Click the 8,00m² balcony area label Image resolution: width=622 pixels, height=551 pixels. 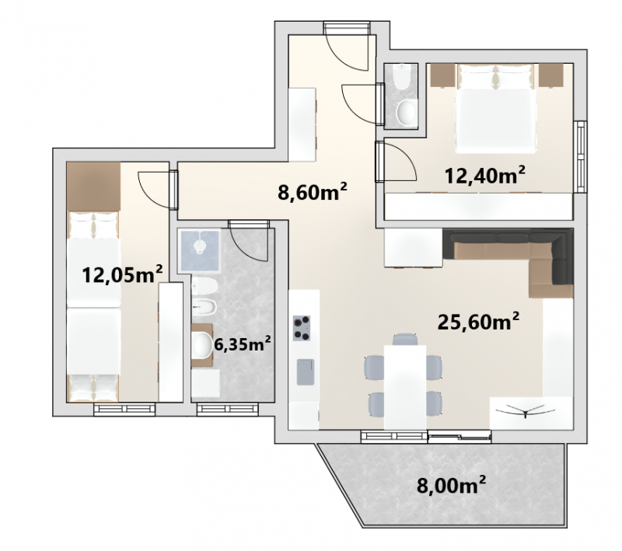click(451, 484)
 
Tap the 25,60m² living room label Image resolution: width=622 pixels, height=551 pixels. click(478, 321)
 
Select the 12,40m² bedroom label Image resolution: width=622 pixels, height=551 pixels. click(484, 175)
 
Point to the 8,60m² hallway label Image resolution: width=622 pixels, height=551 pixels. click(313, 192)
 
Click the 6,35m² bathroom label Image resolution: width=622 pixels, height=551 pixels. click(243, 344)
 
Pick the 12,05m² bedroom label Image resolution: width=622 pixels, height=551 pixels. click(122, 274)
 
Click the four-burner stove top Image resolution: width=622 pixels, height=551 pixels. click(302, 328)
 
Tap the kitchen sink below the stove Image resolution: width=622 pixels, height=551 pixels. click(306, 371)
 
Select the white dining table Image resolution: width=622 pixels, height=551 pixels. click(405, 387)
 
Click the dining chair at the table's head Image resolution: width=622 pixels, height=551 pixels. click(405, 339)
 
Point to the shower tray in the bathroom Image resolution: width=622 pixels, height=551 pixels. click(199, 251)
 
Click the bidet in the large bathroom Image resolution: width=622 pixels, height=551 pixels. click(204, 306)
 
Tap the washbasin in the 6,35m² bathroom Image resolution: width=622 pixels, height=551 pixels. click(202, 344)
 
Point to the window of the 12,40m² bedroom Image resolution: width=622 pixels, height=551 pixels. click(581, 157)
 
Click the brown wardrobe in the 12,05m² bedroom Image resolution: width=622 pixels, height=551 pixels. click(93, 187)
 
